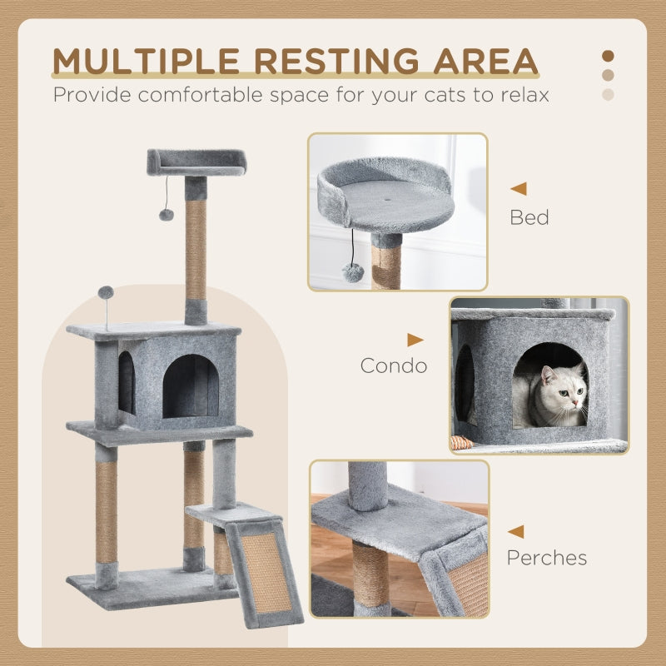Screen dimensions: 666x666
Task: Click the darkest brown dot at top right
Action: [608, 57]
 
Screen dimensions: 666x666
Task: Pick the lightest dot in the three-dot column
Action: [608, 95]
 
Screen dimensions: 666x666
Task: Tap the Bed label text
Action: [529, 218]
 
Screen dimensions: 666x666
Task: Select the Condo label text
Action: [393, 365]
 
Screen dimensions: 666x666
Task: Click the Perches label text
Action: [547, 557]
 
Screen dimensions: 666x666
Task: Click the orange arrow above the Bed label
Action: [518, 189]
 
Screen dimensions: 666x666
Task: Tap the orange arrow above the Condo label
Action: [415, 340]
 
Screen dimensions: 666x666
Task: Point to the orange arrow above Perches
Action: [516, 531]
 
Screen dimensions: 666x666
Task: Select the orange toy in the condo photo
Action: [461, 443]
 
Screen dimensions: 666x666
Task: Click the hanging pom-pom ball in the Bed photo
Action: [353, 272]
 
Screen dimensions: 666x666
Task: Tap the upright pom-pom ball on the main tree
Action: [106, 293]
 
